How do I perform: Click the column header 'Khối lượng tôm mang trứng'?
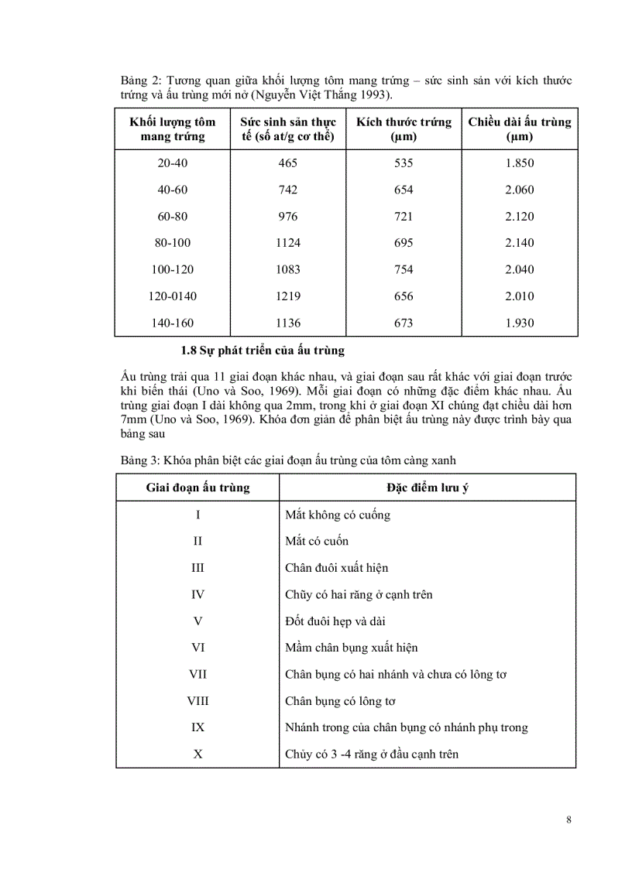click(173, 129)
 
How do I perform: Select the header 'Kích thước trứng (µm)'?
click(404, 129)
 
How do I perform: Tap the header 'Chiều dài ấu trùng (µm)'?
click(519, 129)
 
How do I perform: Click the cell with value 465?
click(288, 163)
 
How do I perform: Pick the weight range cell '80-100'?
click(173, 243)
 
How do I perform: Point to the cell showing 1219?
click(288, 296)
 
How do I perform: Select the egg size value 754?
click(404, 270)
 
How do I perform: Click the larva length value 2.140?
click(519, 243)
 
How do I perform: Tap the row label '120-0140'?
click(173, 296)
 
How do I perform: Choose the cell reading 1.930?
click(519, 323)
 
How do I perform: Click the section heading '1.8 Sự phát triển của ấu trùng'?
click(262, 351)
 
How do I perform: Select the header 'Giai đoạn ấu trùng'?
click(198, 488)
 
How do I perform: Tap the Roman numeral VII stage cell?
click(198, 675)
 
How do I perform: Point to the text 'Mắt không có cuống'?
click(338, 515)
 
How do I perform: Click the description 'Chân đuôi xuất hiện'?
click(337, 568)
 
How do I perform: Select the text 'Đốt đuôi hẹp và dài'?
click(335, 621)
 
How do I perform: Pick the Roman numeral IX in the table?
click(198, 728)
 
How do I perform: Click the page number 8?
click(568, 821)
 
